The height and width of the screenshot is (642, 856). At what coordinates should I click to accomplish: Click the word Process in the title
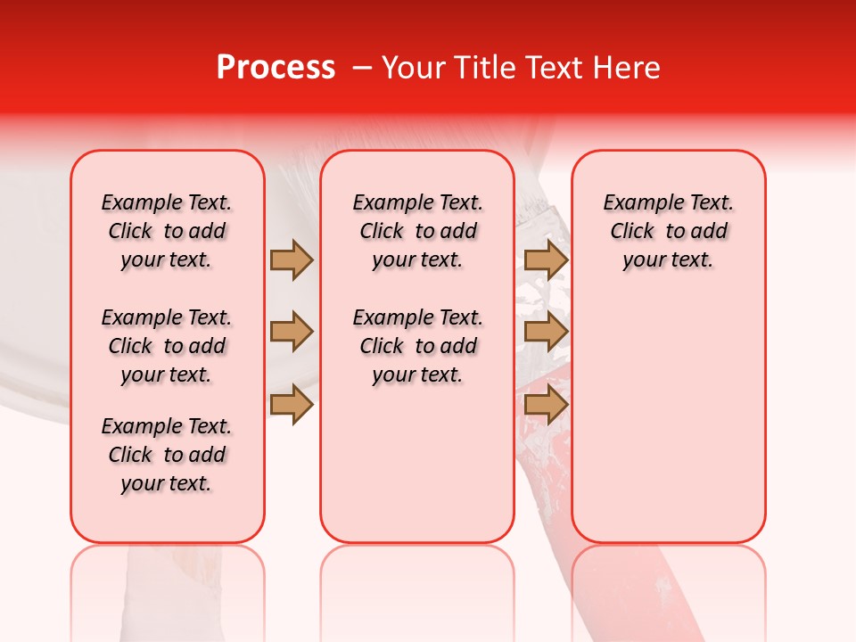(276, 68)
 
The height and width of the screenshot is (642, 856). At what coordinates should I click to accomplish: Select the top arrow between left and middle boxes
(292, 259)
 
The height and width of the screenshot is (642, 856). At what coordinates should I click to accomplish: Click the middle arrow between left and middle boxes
(292, 333)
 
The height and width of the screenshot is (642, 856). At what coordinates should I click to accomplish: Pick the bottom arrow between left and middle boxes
(292, 406)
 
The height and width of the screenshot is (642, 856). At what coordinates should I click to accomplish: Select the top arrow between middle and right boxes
(546, 259)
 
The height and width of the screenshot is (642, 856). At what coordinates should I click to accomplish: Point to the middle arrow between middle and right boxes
(546, 333)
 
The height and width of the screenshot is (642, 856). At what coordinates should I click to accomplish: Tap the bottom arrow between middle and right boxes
(546, 406)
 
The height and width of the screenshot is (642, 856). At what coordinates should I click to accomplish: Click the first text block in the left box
(167, 231)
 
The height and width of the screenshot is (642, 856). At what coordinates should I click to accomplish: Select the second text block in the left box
(167, 346)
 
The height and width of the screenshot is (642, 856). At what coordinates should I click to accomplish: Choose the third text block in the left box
(167, 455)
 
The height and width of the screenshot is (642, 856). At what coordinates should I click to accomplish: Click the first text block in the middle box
(417, 231)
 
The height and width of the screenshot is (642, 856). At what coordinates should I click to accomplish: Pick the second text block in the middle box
(417, 346)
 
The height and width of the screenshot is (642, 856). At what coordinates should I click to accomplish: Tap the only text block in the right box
(668, 231)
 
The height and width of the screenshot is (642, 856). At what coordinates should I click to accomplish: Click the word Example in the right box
(637, 203)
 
